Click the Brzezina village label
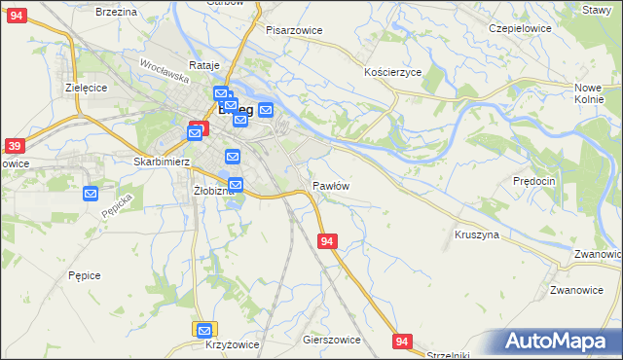[115, 11]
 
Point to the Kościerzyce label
[392, 73]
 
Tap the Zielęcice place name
[86, 87]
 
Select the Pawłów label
[331, 185]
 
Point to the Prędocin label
[533, 181]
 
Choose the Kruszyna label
[477, 234]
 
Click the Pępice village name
[85, 275]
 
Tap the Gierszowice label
[332, 341]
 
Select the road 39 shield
[14, 146]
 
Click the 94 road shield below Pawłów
[328, 240]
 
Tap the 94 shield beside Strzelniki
[403, 341]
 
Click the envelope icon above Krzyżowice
[203, 330]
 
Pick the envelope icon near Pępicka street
[91, 194]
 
